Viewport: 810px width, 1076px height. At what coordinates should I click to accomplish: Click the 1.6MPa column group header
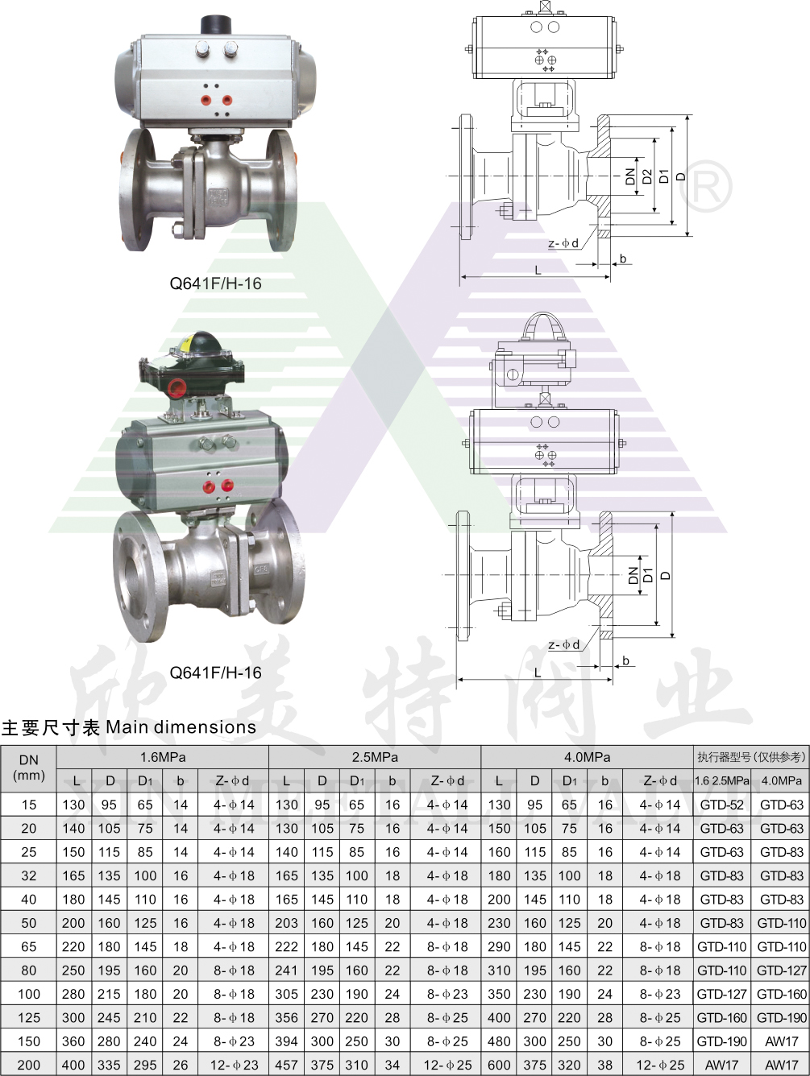click(163, 757)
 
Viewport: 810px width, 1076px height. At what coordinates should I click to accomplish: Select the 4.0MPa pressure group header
click(587, 757)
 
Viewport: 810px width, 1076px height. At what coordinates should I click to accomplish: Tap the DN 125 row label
click(29, 1017)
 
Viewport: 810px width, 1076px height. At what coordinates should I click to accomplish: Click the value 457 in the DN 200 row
click(286, 1064)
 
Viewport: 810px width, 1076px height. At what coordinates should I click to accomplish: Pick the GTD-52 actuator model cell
click(721, 805)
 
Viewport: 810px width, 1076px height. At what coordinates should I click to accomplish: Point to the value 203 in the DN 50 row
click(286, 923)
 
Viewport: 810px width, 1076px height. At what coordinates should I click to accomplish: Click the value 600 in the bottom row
click(499, 1064)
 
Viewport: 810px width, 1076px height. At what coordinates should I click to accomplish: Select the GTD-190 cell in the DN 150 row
click(721, 1041)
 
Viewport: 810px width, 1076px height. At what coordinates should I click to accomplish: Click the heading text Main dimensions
click(181, 727)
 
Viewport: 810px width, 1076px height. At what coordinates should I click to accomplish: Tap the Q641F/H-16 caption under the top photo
click(215, 283)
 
